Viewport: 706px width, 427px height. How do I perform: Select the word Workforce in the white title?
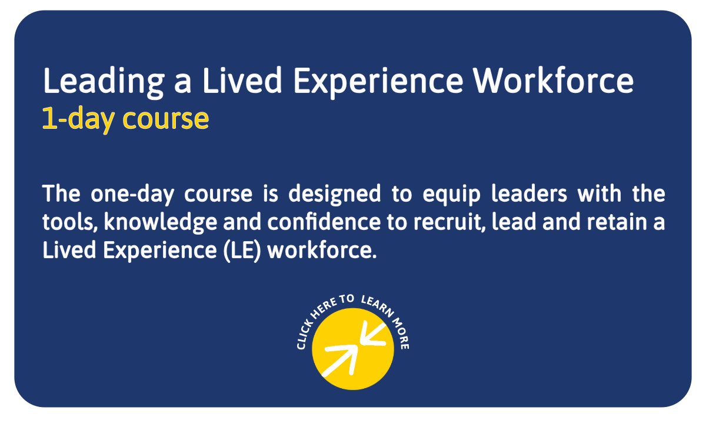(553, 81)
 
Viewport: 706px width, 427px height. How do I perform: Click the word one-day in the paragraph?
(132, 195)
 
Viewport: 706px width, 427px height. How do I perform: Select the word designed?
(334, 195)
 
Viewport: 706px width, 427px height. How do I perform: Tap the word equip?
(451, 195)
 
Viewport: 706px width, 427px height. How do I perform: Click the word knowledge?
(161, 223)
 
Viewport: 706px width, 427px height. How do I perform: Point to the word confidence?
(324, 222)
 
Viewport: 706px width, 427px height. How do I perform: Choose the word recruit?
(449, 222)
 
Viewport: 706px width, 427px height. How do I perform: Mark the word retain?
(617, 222)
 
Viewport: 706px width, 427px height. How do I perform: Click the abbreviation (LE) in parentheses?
(242, 251)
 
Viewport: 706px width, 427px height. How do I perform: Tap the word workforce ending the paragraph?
(322, 250)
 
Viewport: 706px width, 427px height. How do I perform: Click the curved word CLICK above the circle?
(305, 335)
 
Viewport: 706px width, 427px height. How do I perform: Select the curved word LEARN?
(377, 306)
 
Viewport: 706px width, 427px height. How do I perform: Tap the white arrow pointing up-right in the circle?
(341, 361)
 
